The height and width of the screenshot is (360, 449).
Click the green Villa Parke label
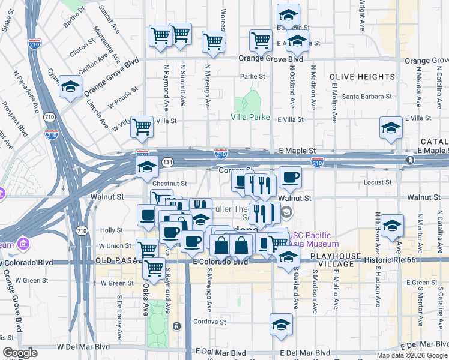(250, 118)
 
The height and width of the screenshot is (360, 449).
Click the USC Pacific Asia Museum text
(314, 239)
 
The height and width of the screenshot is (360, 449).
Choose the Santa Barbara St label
(367, 96)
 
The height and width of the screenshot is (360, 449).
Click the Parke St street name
(253, 77)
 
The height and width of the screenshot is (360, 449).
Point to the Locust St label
(378, 182)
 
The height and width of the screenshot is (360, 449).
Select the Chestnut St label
(170, 184)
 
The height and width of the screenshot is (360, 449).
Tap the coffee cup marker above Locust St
(290, 177)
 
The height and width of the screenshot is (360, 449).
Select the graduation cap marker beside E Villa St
(391, 128)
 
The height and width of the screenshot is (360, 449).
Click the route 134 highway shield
(168, 162)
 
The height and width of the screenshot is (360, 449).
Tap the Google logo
(20, 353)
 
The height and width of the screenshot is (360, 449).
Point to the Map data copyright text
(411, 355)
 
